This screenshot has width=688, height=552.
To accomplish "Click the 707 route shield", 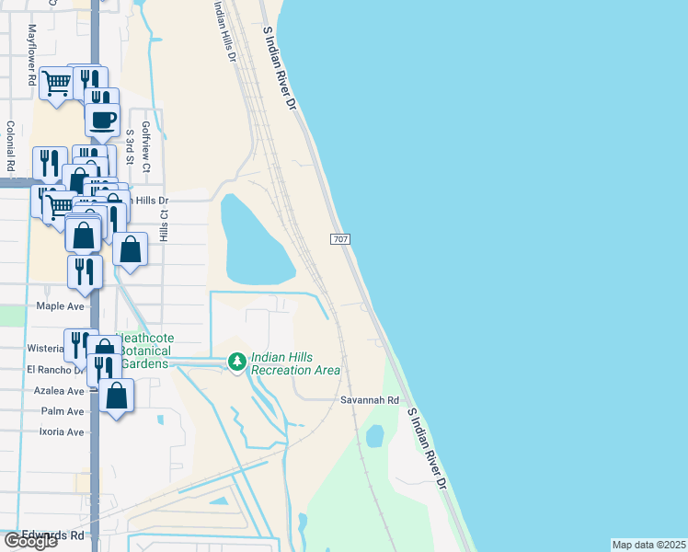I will (338, 239).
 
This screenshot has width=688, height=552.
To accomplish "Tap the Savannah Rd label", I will (369, 400).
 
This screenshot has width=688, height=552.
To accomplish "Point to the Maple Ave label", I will (60, 305).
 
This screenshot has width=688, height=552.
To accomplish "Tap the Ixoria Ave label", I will (62, 431).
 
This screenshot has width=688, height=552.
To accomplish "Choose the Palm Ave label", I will (63, 411).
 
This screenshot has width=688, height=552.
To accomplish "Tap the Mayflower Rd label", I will (31, 66).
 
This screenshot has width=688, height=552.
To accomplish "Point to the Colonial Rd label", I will (11, 147).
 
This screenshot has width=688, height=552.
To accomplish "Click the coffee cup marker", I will (103, 118).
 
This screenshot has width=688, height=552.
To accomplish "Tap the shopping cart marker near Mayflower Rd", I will (56, 83).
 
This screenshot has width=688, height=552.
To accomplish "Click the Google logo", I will (30, 541).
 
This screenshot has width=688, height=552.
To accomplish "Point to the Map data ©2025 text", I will (648, 545).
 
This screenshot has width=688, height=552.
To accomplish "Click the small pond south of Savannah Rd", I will (374, 436).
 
